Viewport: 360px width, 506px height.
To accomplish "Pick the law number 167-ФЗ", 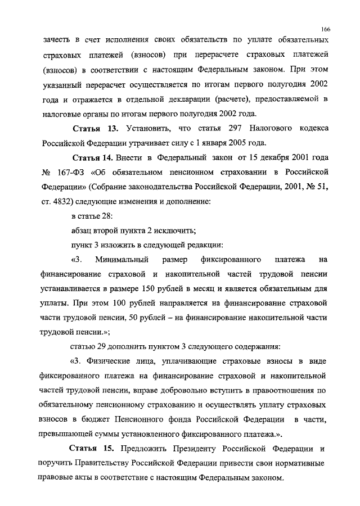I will click(72, 170).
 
